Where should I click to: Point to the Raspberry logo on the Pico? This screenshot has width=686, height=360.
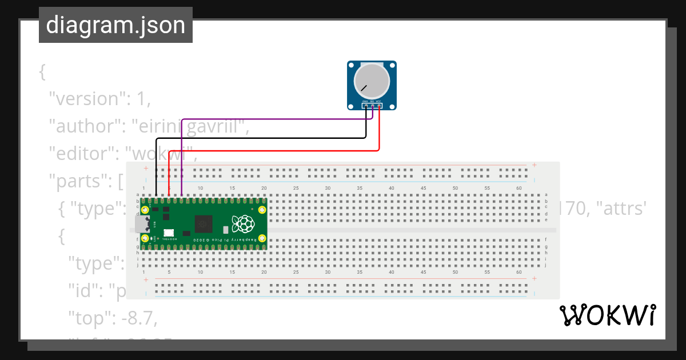pyautogui.click(x=242, y=223)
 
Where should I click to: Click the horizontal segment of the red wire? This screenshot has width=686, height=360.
pyautogui.click(x=274, y=151)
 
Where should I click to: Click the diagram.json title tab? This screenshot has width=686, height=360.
pyautogui.click(x=115, y=25)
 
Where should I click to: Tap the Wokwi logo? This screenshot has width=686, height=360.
pyautogui.click(x=607, y=315)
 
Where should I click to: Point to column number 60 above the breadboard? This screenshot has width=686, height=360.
pyautogui.click(x=518, y=188)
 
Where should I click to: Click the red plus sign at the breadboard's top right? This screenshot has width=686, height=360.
pyautogui.click(x=534, y=165)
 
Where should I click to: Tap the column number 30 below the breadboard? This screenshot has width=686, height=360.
pyautogui.click(x=328, y=272)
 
